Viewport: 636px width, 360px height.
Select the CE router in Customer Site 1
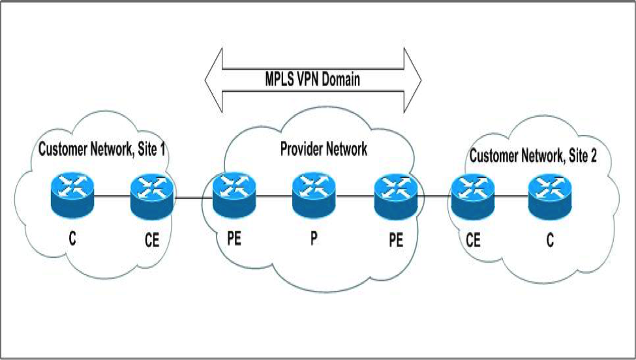(152, 196)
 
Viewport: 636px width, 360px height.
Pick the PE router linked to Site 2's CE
(395, 196)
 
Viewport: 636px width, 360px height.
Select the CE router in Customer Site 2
(472, 196)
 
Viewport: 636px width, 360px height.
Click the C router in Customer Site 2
(550, 196)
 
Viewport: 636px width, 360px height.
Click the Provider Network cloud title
(324, 149)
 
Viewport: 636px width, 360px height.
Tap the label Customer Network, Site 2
(533, 156)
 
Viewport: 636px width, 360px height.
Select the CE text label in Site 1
(151, 242)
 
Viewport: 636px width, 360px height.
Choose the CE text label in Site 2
(473, 241)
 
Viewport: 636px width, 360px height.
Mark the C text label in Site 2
(550, 241)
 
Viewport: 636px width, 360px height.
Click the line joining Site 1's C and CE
(112, 194)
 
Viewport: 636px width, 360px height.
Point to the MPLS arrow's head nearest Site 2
(412, 80)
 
